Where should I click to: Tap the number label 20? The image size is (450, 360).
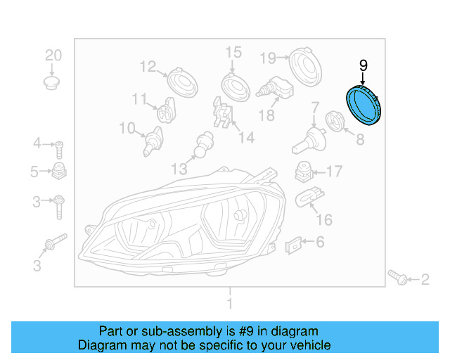(53, 55)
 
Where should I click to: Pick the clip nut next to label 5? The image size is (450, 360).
(60, 171)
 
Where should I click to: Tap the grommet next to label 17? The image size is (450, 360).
(303, 172)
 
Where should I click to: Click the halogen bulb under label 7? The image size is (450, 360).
(307, 137)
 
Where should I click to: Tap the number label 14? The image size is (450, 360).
(245, 138)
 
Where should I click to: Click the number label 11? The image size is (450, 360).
(140, 98)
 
